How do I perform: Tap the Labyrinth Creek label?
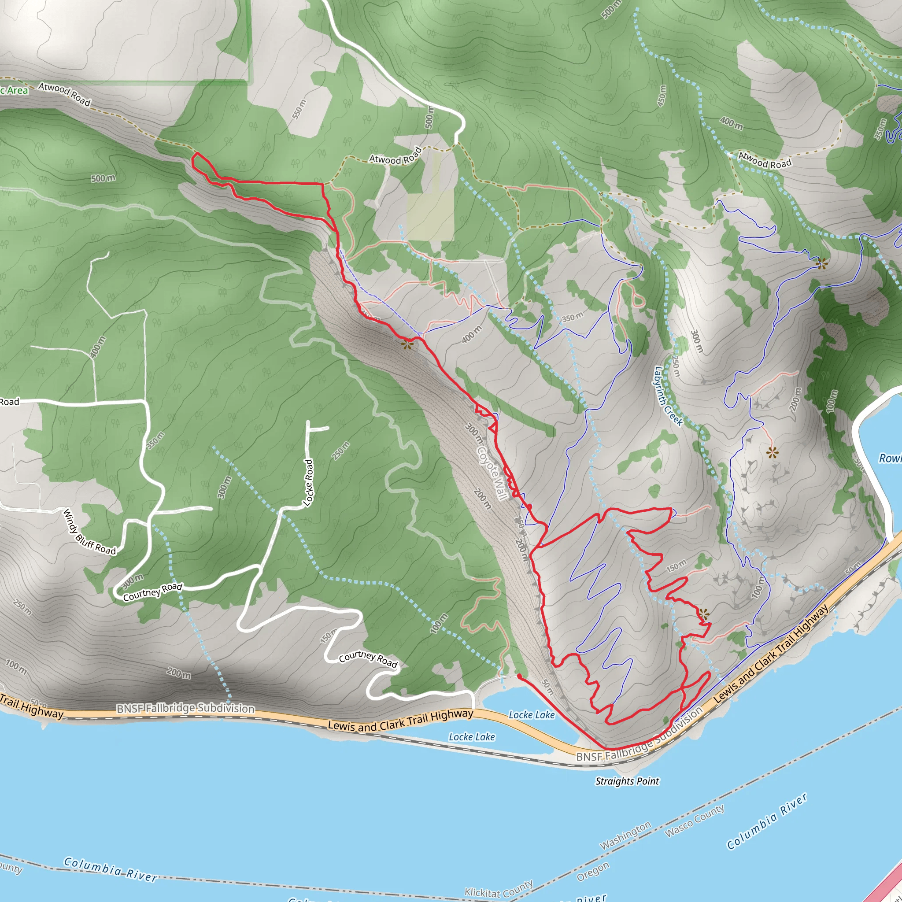click(669, 396)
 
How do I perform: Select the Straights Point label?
click(627, 781)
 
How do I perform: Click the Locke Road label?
click(309, 482)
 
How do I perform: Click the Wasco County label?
click(694, 820)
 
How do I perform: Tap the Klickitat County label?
click(499, 889)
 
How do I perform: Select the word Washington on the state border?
click(625, 835)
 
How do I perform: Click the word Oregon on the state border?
click(593, 871)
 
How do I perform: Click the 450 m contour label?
click(662, 95)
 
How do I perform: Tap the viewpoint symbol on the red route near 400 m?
click(407, 345)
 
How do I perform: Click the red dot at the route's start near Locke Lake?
click(520, 676)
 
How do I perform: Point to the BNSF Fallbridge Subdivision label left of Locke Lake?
click(185, 708)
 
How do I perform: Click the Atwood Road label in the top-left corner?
click(64, 93)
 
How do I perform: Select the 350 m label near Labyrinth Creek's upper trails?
click(573, 318)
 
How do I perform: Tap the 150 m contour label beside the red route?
click(676, 566)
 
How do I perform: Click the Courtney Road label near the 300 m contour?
click(153, 591)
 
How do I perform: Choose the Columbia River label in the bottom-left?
click(110, 869)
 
